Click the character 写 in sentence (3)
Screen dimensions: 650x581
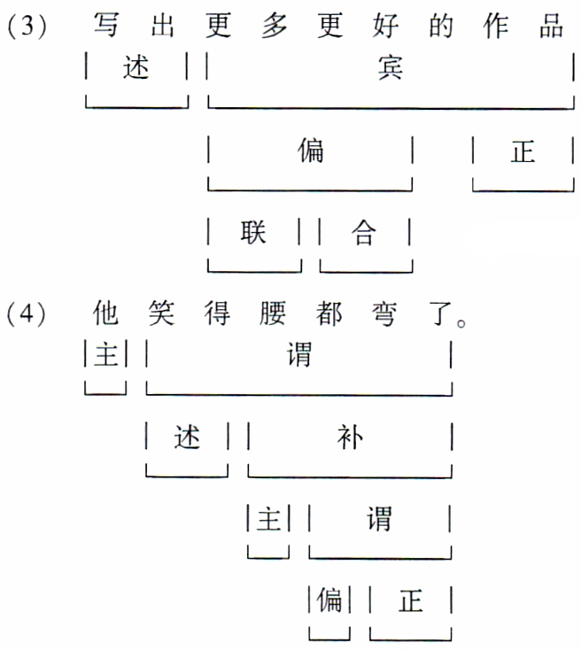click(107, 26)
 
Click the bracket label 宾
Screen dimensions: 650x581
click(390, 69)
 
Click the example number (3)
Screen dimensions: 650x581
click(28, 27)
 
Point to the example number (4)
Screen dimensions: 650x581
click(28, 313)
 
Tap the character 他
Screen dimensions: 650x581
click(107, 313)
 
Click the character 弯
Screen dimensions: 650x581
click(383, 313)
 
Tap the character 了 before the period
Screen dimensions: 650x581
click(436, 313)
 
